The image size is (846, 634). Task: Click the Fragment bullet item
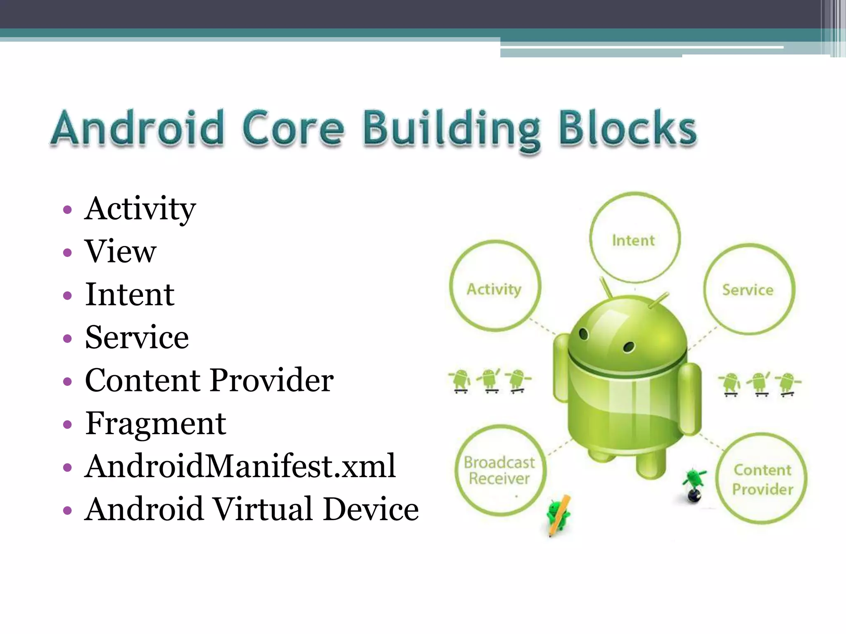pyautogui.click(x=155, y=423)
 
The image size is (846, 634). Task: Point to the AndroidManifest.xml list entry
pyautogui.click(x=240, y=466)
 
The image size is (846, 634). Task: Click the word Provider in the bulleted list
pyautogui.click(x=271, y=380)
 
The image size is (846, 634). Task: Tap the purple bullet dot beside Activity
pyautogui.click(x=67, y=209)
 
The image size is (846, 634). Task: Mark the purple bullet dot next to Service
pyautogui.click(x=67, y=338)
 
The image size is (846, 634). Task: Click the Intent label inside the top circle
pyautogui.click(x=633, y=240)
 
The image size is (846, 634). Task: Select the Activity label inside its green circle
pyautogui.click(x=494, y=289)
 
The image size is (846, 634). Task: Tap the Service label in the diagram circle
pyautogui.click(x=748, y=290)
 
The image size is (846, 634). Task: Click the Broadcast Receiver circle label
pyautogui.click(x=499, y=471)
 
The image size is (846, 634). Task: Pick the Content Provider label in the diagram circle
pyautogui.click(x=763, y=480)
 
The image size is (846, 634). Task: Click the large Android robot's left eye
pyautogui.click(x=584, y=334)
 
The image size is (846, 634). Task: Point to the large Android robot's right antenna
pyautogui.click(x=658, y=300)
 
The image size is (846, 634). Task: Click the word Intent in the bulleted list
pyautogui.click(x=129, y=295)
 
